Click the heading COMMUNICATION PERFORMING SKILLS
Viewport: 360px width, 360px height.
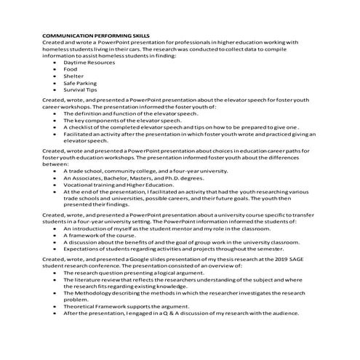click(96, 35)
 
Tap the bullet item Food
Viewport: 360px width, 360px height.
click(71, 70)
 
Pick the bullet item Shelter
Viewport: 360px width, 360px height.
click(73, 76)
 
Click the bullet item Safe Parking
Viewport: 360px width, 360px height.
click(81, 84)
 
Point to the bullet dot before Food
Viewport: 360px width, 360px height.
click(55, 70)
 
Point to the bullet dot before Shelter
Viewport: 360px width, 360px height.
click(55, 76)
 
